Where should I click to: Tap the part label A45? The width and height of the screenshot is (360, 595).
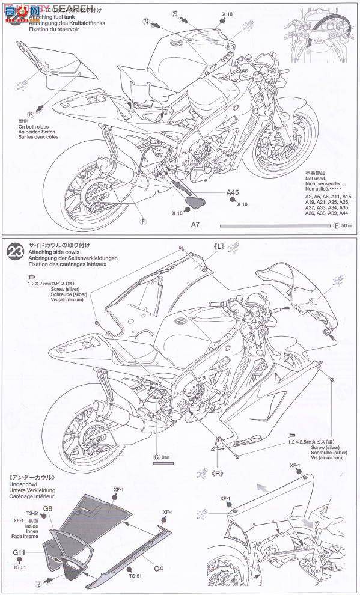tap(233, 193)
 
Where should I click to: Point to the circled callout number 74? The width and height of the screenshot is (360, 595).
tap(145, 20)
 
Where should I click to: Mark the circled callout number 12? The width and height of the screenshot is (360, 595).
tap(38, 582)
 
